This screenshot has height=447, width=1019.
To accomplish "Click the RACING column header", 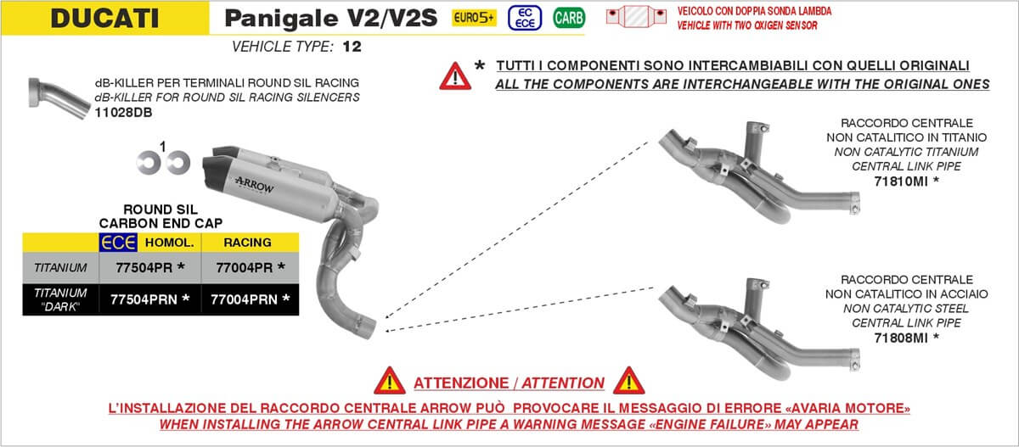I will (247, 243).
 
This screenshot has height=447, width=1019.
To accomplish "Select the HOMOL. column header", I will (170, 243).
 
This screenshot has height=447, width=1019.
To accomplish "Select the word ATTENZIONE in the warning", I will (464, 383).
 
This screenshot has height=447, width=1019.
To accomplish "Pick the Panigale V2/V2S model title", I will (332, 18).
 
